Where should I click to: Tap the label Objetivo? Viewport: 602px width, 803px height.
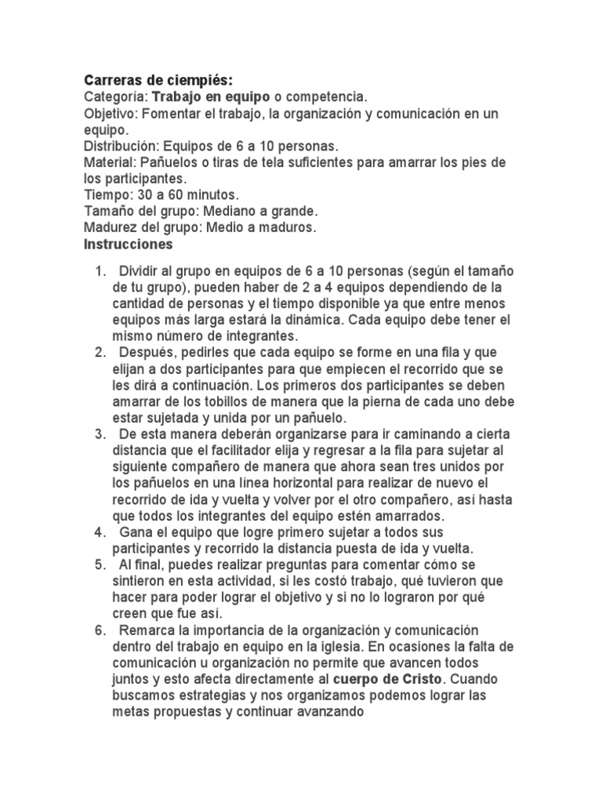pyautogui.click(x=111, y=114)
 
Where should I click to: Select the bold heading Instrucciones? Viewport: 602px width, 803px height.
pyautogui.click(x=128, y=244)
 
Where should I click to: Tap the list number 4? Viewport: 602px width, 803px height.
pyautogui.click(x=100, y=532)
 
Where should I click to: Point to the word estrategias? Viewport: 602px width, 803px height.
pyautogui.click(x=216, y=696)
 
